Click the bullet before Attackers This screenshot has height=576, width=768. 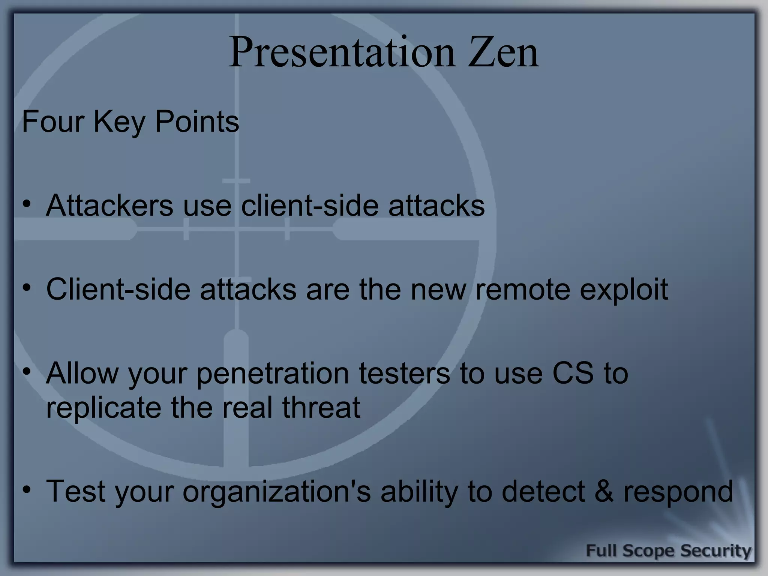coord(26,204)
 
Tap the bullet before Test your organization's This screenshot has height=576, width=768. coord(26,490)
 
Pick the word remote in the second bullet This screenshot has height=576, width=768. coord(523,289)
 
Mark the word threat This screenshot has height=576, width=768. coord(321,407)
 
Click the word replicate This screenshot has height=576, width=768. coord(103,408)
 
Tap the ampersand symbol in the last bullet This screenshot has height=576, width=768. coord(604,491)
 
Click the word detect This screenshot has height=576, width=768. coord(543,491)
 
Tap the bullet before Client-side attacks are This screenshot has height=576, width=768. coord(26,288)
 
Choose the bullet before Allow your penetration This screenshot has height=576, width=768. coord(26,372)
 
